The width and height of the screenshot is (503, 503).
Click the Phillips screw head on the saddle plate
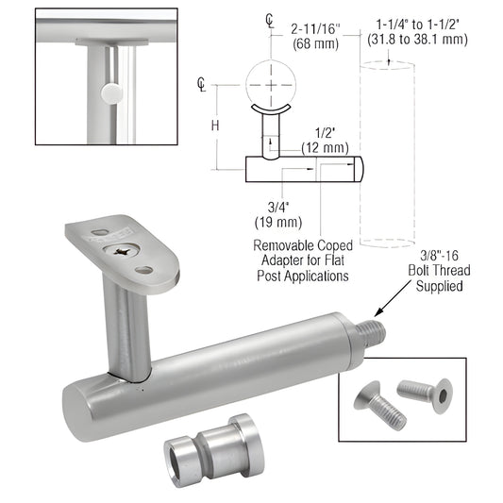[x=123, y=252]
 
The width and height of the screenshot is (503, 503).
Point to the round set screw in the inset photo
[x=111, y=92]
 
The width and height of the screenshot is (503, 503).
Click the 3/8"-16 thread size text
[x=443, y=255]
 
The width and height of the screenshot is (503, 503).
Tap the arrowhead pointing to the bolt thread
[x=378, y=311]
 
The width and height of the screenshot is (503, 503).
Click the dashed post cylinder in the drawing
[x=387, y=151]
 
